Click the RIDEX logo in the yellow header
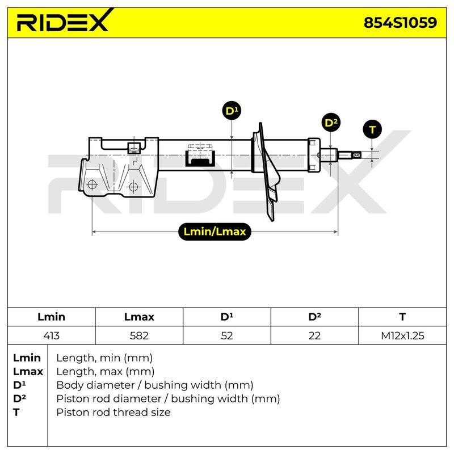point(65,21)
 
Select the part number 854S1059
point(400,23)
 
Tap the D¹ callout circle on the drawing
point(232,111)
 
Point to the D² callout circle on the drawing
point(331,123)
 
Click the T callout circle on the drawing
point(372,129)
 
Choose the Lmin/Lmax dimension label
point(215,232)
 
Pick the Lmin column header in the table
point(51,317)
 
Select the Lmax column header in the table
point(139,317)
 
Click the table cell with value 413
point(51,335)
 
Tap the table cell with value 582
point(139,335)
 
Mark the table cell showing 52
point(226,335)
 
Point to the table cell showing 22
point(314,335)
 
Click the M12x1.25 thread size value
point(402,335)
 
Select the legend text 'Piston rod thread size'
point(113,412)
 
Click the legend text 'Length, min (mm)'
point(104,358)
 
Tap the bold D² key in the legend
point(19,398)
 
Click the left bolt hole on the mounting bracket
point(92,184)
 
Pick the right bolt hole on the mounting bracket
point(133,187)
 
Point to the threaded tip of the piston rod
point(356,155)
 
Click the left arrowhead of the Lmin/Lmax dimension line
point(94,232)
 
